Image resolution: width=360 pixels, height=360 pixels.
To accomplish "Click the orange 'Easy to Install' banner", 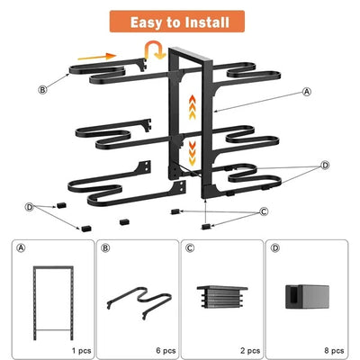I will click(180, 21).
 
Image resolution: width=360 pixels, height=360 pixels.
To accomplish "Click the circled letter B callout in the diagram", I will click(42, 89).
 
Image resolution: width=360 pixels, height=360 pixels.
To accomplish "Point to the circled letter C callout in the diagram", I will click(264, 211).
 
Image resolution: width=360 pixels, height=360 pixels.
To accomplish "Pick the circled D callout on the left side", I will click(30, 207).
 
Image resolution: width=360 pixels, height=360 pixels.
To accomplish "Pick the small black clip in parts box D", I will click(302, 298).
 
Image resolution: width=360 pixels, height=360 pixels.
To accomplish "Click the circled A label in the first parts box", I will click(22, 248).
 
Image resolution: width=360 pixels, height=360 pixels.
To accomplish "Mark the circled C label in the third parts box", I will click(189, 248).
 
